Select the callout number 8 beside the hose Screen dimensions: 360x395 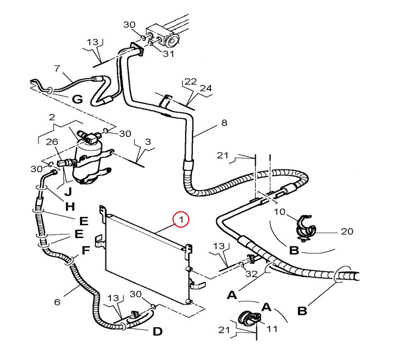coord(224,123)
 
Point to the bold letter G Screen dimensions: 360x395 coord(78,99)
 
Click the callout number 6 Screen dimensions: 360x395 coord(57,302)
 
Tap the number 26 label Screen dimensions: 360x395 coord(52,142)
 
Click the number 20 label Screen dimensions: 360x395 coord(347,231)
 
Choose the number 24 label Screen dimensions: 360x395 coord(206,88)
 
